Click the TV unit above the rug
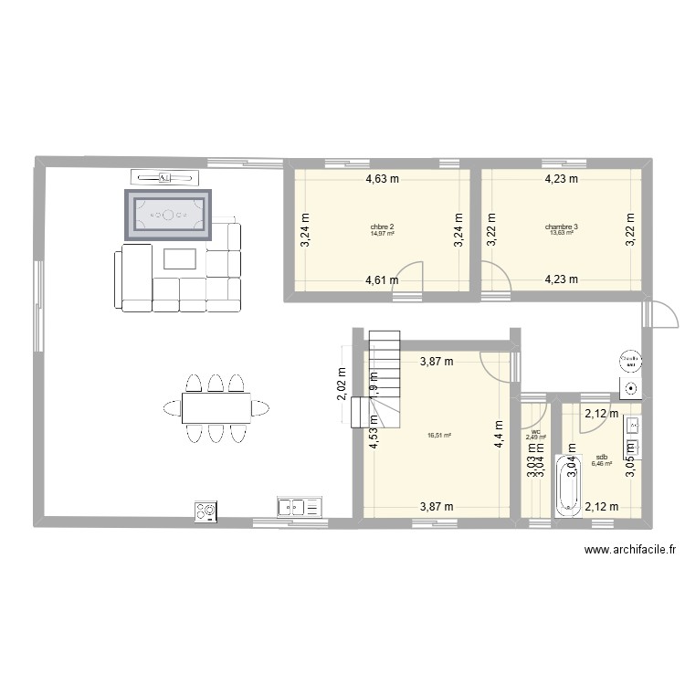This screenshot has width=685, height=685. [x=164, y=176]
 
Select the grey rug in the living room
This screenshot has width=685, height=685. [x=168, y=216]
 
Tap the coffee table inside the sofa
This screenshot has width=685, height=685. [x=180, y=258]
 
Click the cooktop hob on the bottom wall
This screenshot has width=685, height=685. [x=205, y=511]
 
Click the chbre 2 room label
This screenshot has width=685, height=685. [x=382, y=227]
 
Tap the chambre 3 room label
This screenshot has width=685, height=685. [x=561, y=227]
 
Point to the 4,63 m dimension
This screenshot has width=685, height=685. [x=382, y=180]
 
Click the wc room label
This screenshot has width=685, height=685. [x=535, y=431]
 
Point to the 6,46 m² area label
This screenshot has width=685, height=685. [x=601, y=464]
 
